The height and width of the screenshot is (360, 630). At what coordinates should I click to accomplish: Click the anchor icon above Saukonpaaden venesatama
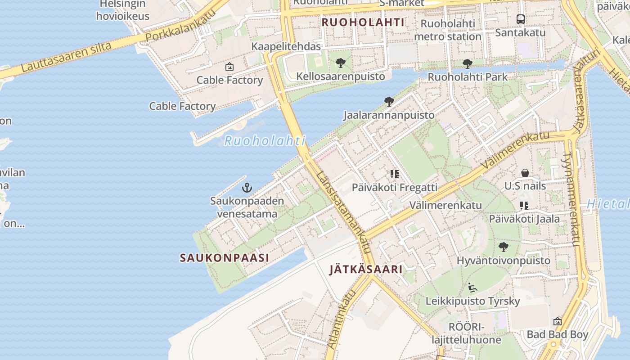(247, 187)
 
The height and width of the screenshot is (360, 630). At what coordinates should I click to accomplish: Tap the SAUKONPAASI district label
(224, 258)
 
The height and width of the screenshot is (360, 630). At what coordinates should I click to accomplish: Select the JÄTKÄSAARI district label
(365, 270)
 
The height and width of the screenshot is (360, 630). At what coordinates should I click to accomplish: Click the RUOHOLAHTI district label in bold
(363, 22)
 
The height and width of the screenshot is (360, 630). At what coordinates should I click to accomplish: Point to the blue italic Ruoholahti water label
(265, 141)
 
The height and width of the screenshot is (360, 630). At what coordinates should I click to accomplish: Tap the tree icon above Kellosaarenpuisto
(341, 63)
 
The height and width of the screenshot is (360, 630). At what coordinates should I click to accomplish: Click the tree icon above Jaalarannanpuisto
(389, 102)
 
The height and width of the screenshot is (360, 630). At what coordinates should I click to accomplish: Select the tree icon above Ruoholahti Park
(467, 64)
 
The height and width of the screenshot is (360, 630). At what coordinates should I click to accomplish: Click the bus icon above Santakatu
(520, 19)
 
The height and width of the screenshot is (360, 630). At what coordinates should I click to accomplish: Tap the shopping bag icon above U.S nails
(525, 173)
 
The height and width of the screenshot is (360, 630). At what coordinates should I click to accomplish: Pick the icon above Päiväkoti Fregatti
(395, 174)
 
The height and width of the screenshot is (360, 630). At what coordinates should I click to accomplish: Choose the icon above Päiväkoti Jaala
(524, 206)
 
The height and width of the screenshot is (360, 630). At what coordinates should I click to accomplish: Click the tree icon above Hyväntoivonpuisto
(503, 247)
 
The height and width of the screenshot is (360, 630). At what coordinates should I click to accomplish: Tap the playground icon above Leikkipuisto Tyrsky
(472, 287)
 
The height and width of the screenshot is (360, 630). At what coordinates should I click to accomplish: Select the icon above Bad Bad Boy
(557, 321)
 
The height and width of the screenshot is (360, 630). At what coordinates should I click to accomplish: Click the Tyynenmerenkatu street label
(570, 198)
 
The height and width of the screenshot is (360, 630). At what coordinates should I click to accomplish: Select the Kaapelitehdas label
(286, 46)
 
